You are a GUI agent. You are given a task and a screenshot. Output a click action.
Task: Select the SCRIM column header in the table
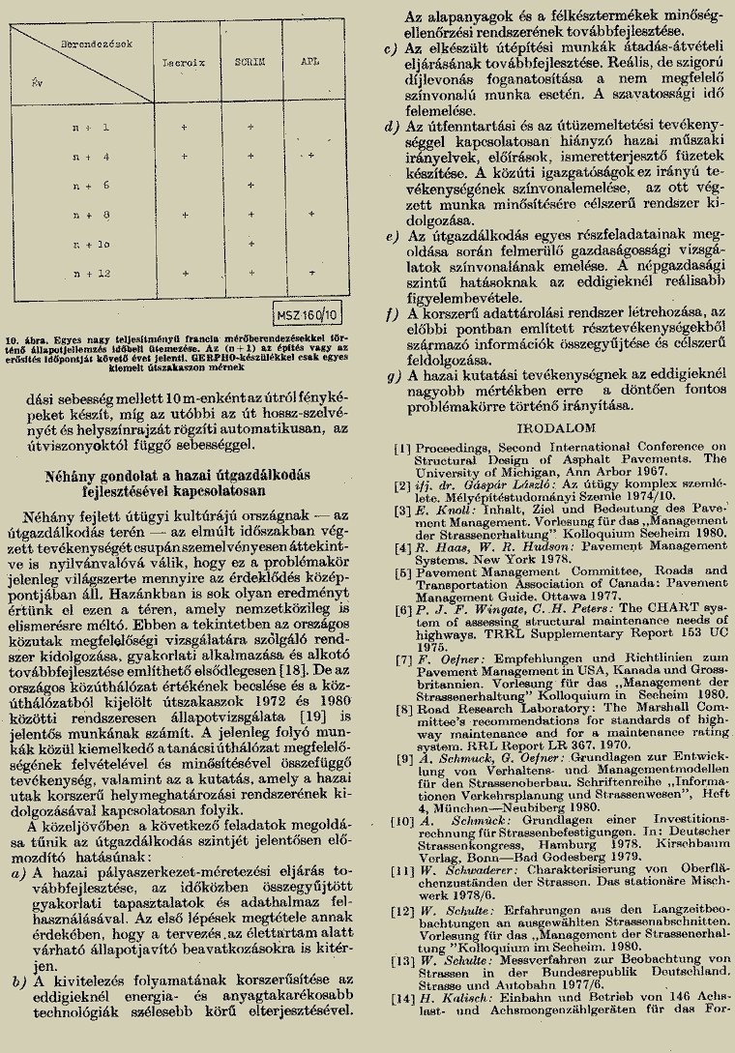(x=250, y=60)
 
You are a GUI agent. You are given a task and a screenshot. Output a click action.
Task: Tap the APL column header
(x=310, y=60)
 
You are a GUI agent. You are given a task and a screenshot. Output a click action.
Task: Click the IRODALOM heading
(x=548, y=426)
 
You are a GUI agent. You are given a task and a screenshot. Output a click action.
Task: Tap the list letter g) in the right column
(x=390, y=376)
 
